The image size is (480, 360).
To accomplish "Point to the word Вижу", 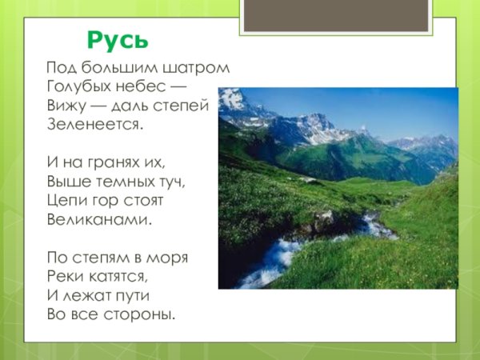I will [65, 106].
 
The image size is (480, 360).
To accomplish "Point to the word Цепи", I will [64, 200].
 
